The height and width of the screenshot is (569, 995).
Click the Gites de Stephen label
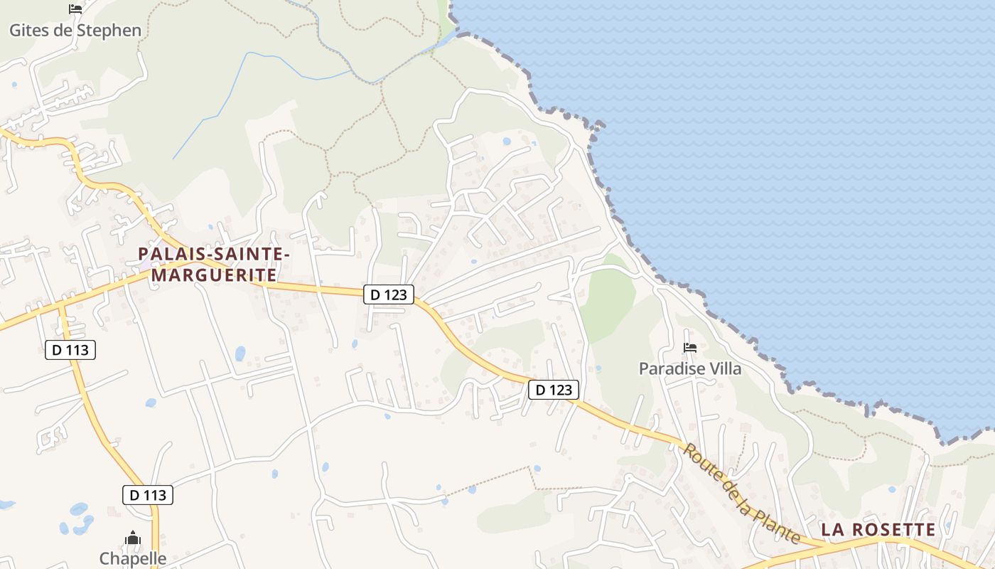pos(75,31)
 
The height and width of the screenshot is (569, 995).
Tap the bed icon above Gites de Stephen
pos(75,9)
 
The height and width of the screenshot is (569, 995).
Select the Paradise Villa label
pos(689,368)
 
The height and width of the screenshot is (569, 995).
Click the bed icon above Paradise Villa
pos(689,348)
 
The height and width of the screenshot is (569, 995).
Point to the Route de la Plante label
pos(743,494)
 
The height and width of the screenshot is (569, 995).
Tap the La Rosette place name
pos(878,530)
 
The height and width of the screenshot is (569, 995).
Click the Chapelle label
pos(133,558)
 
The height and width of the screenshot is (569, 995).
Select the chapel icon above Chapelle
pos(133,538)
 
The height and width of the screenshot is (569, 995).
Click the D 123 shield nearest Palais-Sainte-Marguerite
pos(389,294)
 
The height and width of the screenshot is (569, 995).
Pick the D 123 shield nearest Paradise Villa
pos(554,390)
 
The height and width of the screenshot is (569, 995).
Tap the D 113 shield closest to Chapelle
pos(148,495)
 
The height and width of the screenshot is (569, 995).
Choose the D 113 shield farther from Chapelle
pos(70,350)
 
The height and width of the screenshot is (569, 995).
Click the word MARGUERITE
pos(214,275)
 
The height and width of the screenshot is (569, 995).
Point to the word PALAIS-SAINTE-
pos(214,253)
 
